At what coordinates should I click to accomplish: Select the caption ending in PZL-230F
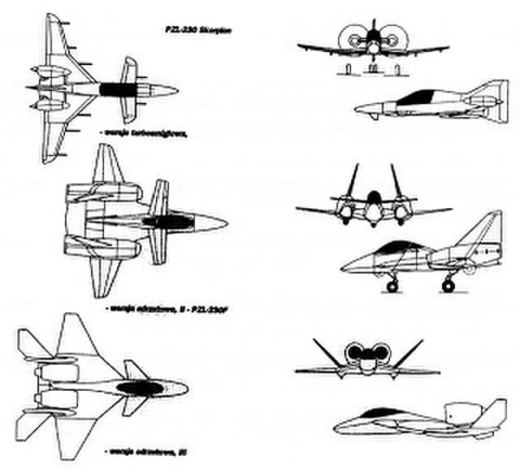click(x=163, y=308)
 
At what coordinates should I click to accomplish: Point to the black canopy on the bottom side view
click(x=379, y=412)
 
